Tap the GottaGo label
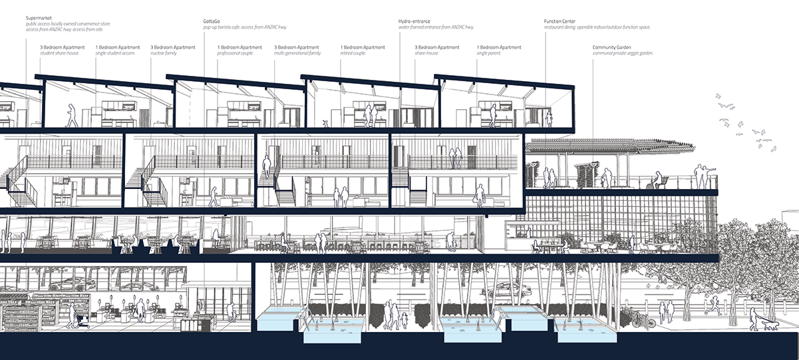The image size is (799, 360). pyautogui.click(x=213, y=21)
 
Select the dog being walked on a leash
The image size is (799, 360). pyautogui.click(x=770, y=324)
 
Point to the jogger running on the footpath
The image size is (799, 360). pyautogui.click(x=713, y=305)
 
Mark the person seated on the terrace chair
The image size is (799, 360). pyautogui.click(x=657, y=180)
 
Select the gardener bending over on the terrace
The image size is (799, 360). pyautogui.click(x=605, y=178)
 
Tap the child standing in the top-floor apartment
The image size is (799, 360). pyautogui.click(x=549, y=119)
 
